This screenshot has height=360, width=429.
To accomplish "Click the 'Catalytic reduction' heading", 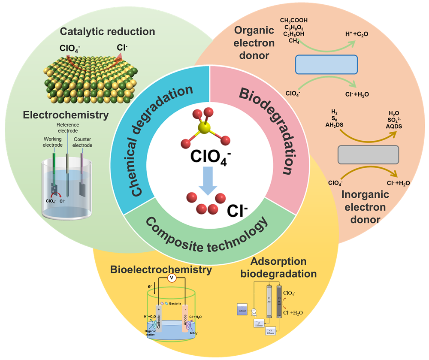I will (x=107, y=31).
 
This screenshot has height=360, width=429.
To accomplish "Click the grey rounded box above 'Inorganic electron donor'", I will (x=369, y=154).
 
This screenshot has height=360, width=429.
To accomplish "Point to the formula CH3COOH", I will (x=294, y=20).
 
